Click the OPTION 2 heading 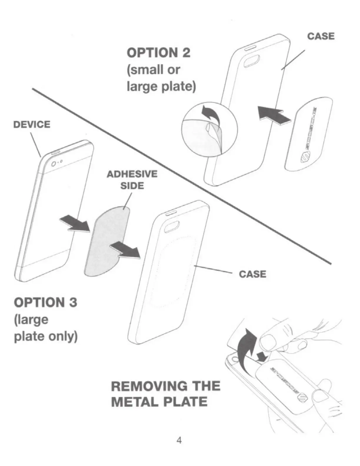point(159,53)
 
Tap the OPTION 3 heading point(46,303)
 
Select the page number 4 point(179,440)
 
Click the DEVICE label point(32,124)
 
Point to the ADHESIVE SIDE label point(132,180)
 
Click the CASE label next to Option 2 point(321,36)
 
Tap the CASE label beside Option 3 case point(252,274)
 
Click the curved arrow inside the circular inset point(209,115)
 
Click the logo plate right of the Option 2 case point(309,134)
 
